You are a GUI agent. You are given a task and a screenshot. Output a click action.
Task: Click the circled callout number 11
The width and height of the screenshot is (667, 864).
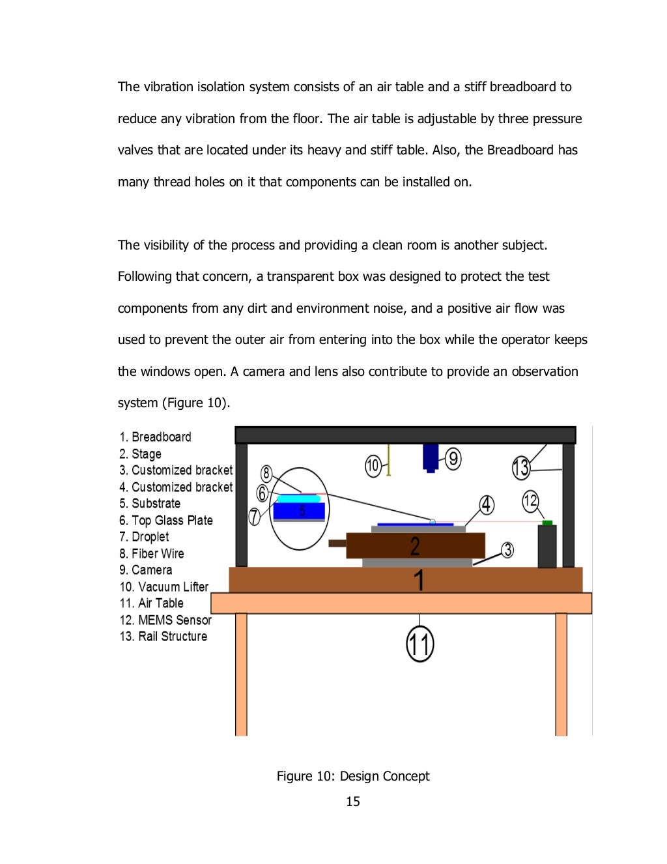click(419, 644)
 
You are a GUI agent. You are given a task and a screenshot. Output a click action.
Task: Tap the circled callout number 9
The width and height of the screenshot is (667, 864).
click(453, 459)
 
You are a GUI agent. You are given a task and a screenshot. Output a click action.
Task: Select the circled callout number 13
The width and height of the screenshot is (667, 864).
click(520, 468)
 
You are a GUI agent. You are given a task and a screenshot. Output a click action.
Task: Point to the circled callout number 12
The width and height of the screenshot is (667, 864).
click(530, 500)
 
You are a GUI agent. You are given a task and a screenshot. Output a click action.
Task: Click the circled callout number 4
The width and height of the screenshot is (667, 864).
click(487, 505)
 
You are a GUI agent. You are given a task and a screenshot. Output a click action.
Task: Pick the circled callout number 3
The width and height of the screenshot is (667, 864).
click(507, 550)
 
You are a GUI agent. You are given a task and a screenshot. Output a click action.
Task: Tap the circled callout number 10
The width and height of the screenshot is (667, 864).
click(373, 466)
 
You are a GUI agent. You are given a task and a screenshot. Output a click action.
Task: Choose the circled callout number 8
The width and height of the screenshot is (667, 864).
click(266, 474)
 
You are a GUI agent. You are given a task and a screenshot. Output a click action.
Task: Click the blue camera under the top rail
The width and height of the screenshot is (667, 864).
click(431, 458)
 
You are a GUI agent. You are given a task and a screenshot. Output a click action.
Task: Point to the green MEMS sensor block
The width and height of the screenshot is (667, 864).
click(547, 523)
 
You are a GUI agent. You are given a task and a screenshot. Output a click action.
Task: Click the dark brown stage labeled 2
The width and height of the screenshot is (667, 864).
click(416, 545)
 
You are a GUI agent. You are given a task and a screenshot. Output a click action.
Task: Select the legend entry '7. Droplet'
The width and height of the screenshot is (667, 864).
click(144, 537)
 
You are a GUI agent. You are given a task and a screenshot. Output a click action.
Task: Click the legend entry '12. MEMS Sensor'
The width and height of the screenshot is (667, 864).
click(165, 620)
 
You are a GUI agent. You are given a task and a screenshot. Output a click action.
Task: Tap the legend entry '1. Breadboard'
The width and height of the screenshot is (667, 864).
click(155, 437)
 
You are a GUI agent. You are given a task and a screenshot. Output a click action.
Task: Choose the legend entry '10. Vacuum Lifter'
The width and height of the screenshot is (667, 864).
click(163, 587)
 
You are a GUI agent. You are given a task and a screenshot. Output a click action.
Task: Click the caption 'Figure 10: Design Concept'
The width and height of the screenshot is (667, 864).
click(353, 776)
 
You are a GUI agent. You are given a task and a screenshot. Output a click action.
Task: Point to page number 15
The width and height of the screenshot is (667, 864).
click(353, 801)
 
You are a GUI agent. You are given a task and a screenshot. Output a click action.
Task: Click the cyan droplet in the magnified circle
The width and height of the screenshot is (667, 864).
click(298, 498)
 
